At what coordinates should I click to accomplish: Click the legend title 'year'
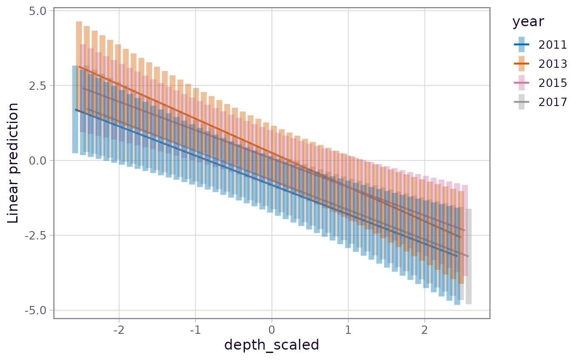(x=528, y=22)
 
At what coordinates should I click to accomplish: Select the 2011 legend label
(x=553, y=44)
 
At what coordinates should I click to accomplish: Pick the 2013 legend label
(x=553, y=64)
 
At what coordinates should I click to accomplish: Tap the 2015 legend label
(x=553, y=83)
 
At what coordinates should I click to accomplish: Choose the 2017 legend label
(x=553, y=102)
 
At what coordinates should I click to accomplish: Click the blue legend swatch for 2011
(x=521, y=44)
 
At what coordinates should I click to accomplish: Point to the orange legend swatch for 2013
(x=521, y=64)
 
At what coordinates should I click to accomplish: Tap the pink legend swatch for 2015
(x=521, y=83)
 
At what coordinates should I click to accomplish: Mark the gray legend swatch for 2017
(x=521, y=102)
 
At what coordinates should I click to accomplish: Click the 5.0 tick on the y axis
(x=39, y=10)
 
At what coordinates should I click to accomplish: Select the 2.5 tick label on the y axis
(x=39, y=86)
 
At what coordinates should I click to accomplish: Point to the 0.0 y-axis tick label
(x=39, y=160)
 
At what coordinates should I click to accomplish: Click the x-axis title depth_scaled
(x=271, y=345)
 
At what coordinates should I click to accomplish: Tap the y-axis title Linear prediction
(x=13, y=163)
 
